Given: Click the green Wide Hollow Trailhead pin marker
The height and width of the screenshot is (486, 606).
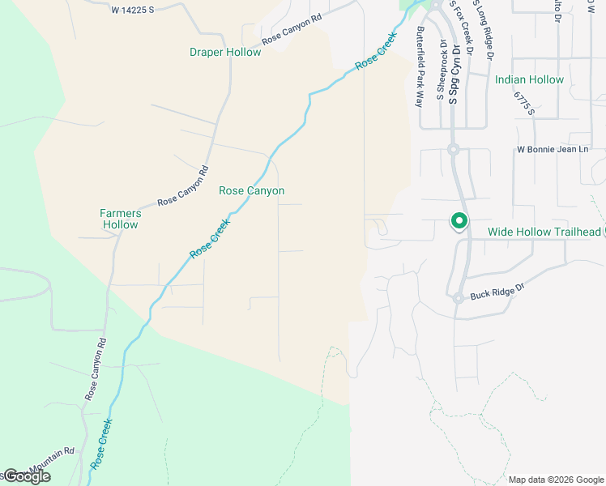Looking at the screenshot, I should [458, 221].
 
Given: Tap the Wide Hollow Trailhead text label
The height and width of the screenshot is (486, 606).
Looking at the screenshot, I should [544, 232].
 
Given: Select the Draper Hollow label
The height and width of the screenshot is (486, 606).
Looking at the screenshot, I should [225, 53].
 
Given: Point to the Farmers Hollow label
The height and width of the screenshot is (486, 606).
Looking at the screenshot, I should [120, 219].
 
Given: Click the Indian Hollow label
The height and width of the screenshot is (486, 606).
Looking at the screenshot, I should [529, 80].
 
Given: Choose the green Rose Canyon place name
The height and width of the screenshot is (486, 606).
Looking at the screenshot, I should [251, 191].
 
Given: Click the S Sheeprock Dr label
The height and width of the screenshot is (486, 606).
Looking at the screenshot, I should [441, 70].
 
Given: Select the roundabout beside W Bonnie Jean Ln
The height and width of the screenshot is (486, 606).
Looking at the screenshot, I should [453, 150].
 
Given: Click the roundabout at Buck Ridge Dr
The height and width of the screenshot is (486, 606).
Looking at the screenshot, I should [458, 298].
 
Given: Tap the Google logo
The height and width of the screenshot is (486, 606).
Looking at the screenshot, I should [26, 476].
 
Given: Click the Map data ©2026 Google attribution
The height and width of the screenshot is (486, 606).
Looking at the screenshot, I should [555, 480].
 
